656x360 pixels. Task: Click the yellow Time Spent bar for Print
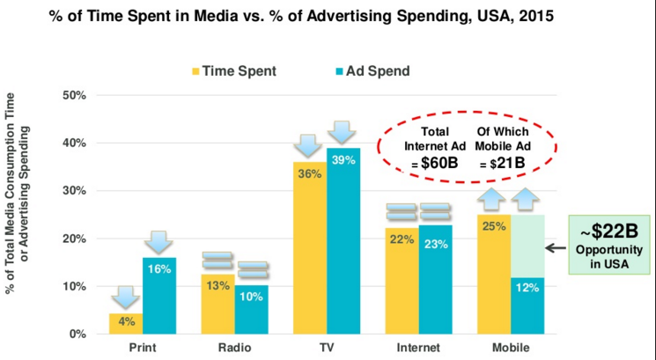(127, 323)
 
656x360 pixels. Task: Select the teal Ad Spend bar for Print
(159, 295)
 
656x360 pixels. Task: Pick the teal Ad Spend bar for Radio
(251, 309)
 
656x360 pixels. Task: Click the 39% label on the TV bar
(343, 158)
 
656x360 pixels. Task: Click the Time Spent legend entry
(229, 70)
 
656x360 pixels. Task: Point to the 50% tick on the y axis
(73, 95)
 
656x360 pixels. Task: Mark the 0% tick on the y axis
(77, 334)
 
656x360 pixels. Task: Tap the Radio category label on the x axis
(235, 348)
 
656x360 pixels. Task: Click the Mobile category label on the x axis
(512, 348)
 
